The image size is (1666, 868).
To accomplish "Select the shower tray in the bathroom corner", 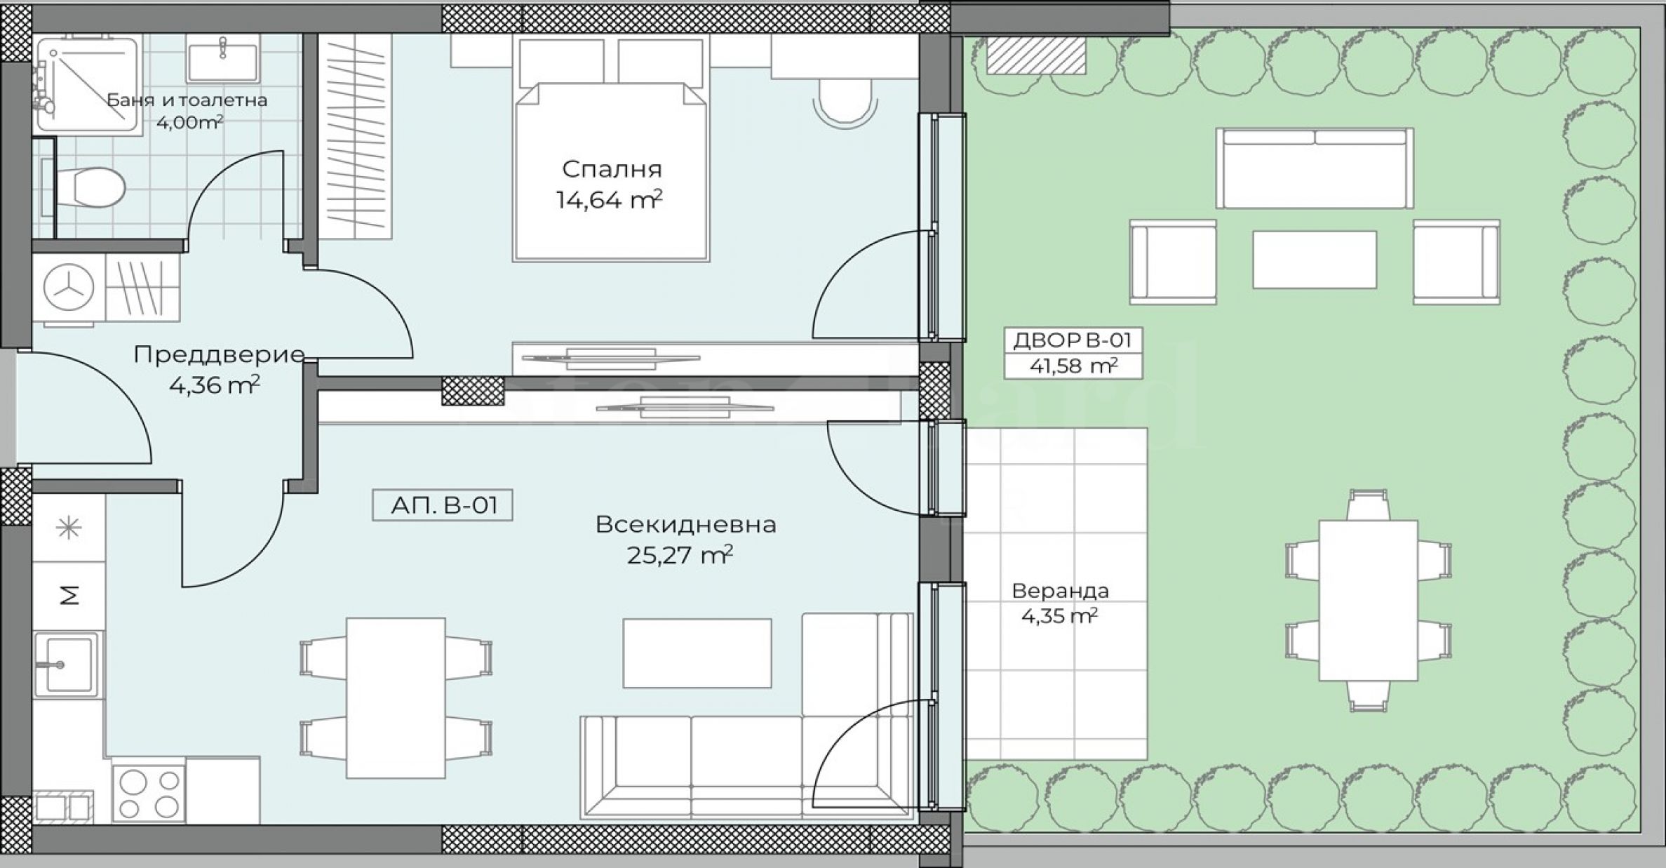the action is coord(87,84).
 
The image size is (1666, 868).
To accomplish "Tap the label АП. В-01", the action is coord(443,505).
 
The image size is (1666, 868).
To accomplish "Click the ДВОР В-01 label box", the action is coord(1073,353).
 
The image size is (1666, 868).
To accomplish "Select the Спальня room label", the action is coord(612,169).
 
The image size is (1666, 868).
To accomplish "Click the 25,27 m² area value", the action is coord(680,555).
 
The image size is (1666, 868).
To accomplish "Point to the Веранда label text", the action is coord(1060,591).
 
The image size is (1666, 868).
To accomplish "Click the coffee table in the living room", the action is coord(697,653).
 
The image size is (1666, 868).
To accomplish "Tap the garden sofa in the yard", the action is coord(1315,168).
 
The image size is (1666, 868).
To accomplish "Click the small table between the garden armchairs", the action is coord(1315,260).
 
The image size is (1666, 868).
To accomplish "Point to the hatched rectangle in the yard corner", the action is coord(1036,55).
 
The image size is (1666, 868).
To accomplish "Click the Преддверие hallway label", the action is coord(220,354).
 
